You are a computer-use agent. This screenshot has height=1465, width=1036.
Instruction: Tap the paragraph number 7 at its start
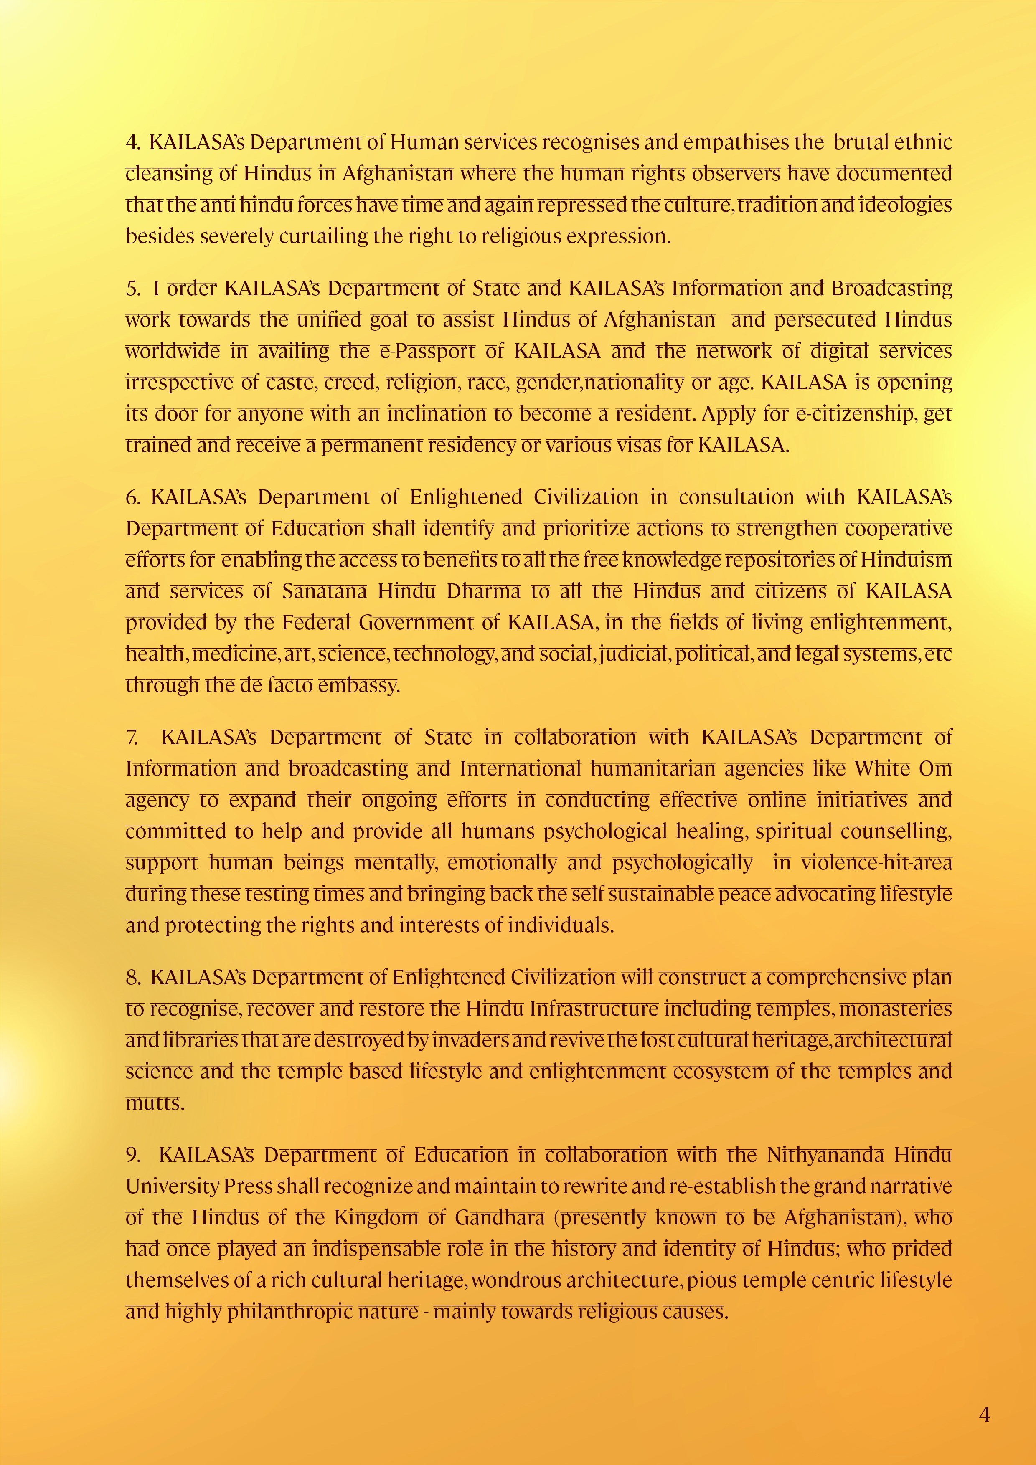click(132, 738)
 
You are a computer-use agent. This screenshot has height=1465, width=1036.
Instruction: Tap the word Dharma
click(483, 591)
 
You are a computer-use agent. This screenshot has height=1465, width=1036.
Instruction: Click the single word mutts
click(155, 1103)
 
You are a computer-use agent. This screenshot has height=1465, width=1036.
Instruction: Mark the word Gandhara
click(500, 1217)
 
